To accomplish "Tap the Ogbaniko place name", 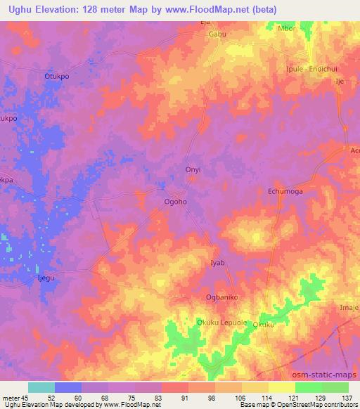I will (x=223, y=297).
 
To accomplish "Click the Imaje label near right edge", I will (x=349, y=307).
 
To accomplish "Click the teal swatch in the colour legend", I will (x=41, y=387).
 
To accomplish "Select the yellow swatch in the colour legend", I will (x=281, y=387).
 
